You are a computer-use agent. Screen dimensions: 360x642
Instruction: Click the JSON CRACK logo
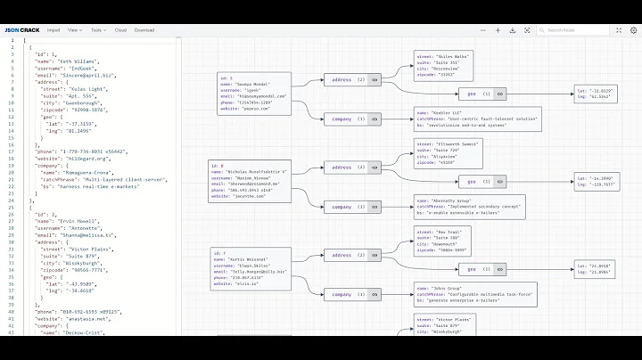[21, 29]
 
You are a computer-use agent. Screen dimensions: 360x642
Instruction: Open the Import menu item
[53, 29]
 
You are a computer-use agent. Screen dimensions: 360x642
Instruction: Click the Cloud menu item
[120, 29]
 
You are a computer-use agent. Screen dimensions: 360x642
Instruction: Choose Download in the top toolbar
[144, 29]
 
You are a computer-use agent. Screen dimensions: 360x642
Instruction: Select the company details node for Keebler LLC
[465, 118]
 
